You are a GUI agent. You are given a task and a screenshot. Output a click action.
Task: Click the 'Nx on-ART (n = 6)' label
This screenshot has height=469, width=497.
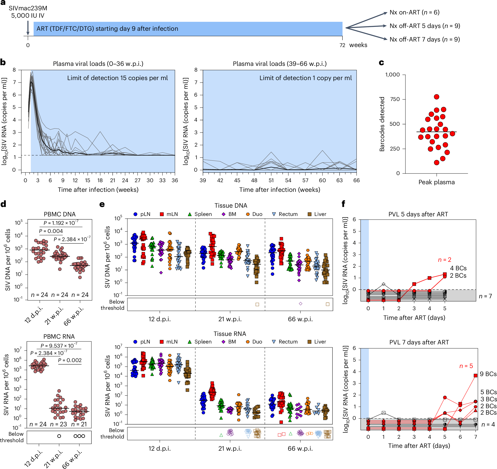[414, 12]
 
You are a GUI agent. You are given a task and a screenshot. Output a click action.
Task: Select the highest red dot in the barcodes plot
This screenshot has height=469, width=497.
[436, 97]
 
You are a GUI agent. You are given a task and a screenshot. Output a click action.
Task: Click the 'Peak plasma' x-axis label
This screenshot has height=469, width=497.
[436, 182]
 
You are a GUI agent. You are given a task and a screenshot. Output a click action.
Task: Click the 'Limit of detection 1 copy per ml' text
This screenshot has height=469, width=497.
[305, 78]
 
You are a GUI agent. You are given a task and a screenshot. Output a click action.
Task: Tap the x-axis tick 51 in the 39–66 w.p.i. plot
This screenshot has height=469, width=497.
[271, 180]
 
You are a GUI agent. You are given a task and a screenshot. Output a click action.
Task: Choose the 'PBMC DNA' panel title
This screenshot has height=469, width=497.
[59, 214]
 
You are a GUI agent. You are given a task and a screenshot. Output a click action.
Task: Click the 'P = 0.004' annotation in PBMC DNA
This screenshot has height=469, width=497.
[51, 231]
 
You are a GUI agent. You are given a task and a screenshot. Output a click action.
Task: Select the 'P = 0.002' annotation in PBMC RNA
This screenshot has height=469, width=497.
[70, 360]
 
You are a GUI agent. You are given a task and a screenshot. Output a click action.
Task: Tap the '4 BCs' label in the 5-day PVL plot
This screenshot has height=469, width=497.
[458, 268]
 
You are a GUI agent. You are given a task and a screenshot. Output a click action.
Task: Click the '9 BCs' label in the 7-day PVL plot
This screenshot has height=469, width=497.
[488, 374]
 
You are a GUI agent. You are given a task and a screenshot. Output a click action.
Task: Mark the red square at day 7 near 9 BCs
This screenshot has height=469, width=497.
[475, 376]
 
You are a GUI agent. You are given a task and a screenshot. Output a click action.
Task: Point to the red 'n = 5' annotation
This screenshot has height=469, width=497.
[466, 366]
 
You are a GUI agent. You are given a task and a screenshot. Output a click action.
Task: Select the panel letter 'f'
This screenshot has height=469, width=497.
[343, 204]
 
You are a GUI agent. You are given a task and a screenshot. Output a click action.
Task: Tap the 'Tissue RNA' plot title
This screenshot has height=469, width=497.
[230, 334]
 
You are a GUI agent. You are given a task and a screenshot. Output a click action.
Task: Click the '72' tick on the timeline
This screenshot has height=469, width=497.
[342, 45]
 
